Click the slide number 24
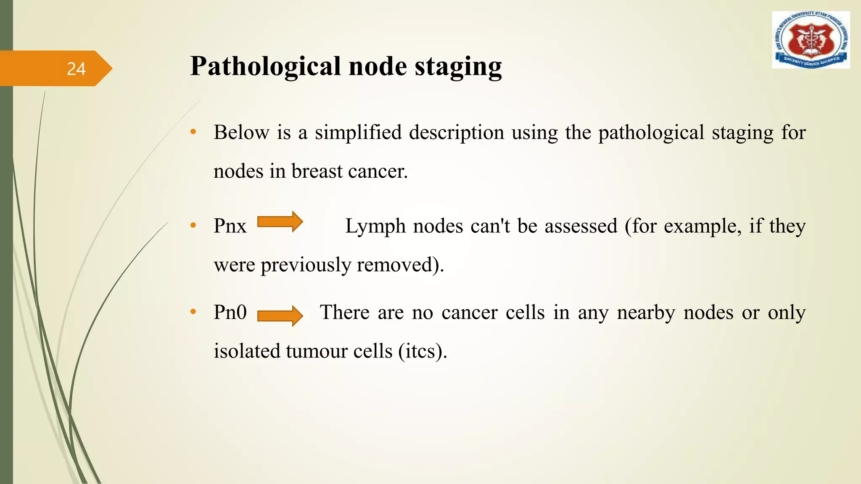pos(76,69)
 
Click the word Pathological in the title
pos(265,67)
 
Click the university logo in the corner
pos(811,40)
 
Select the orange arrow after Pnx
pos(280,222)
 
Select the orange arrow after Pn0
pos(280,316)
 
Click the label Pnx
pos(230,226)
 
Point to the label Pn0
pos(230,312)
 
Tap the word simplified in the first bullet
pos(358,133)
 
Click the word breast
pos(317,171)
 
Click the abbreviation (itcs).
pos(423,351)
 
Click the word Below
pos(241,133)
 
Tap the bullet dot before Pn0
pos(193,312)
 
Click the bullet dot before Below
pos(193,132)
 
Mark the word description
pos(456,133)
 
